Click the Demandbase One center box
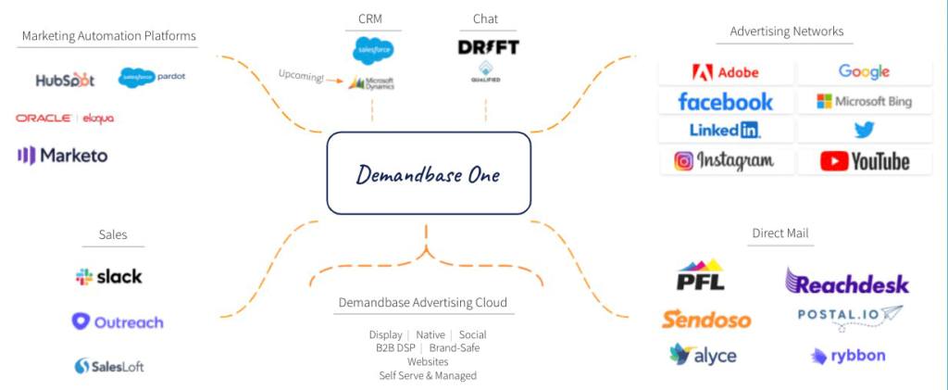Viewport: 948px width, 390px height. click(x=428, y=172)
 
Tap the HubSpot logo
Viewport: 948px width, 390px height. click(x=65, y=81)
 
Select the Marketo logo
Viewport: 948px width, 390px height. click(x=62, y=156)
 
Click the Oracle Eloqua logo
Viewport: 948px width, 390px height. click(x=65, y=119)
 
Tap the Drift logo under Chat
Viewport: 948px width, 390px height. click(x=488, y=46)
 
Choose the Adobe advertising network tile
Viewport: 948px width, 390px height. click(x=726, y=72)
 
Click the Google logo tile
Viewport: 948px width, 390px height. click(x=864, y=72)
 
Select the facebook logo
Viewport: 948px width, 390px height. click(x=726, y=101)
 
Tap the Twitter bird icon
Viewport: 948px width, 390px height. click(x=864, y=131)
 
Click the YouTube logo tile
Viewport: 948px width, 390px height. click(x=864, y=161)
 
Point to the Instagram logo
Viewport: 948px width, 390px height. click(x=726, y=161)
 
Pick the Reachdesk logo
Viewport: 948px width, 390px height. click(x=847, y=282)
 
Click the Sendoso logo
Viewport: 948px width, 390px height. click(x=706, y=319)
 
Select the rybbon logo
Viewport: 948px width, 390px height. click(x=848, y=356)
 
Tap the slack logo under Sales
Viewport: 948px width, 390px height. click(x=109, y=276)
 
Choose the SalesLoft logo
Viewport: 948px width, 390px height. click(x=109, y=366)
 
